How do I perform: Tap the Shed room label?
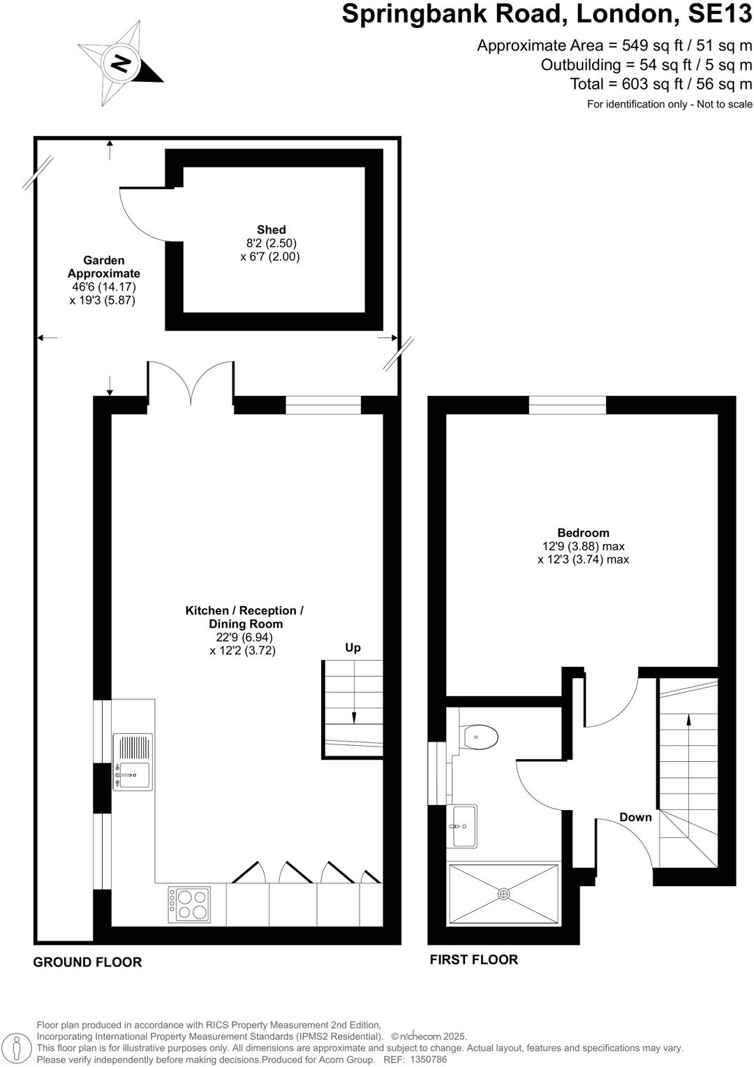[x=271, y=230]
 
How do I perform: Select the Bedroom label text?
[x=583, y=533]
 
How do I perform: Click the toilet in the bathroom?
[x=480, y=735]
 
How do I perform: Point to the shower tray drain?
[x=504, y=893]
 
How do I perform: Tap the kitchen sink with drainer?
[x=132, y=762]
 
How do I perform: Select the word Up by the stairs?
[x=353, y=647]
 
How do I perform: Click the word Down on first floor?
[x=635, y=817]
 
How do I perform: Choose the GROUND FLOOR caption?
[x=87, y=962]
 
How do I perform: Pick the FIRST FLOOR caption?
[x=473, y=959]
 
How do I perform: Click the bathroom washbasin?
[x=462, y=825]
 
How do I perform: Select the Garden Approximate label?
[x=103, y=267]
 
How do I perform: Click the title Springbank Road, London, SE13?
[x=547, y=14]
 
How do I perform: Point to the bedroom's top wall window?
[x=567, y=405]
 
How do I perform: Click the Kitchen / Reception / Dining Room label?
[x=244, y=617]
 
